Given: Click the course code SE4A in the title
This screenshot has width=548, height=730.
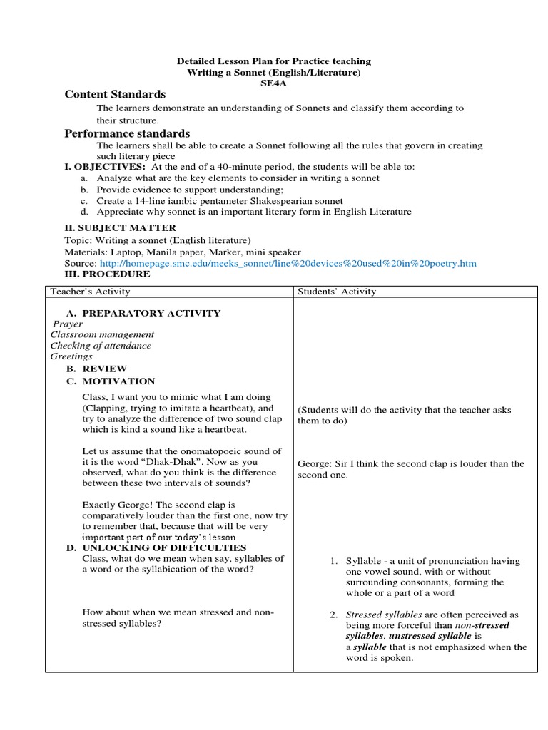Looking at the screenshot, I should click(x=274, y=83).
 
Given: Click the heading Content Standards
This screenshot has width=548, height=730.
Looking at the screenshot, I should click(x=115, y=95).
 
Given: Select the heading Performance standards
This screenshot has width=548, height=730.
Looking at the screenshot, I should click(x=127, y=133).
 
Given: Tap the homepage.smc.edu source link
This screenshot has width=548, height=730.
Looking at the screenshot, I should click(x=286, y=263).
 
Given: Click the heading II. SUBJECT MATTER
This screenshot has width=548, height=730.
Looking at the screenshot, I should click(x=120, y=227).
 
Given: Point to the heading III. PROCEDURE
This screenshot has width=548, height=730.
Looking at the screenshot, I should click(x=107, y=274).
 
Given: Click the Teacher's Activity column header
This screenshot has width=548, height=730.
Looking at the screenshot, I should click(x=90, y=291).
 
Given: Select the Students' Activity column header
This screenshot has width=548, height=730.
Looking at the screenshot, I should click(x=337, y=291).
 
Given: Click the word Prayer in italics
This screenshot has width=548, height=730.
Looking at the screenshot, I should click(x=68, y=324).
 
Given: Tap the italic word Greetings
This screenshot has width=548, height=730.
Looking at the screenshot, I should click(x=71, y=356).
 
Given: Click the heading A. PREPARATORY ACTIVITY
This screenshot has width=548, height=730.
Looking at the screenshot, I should click(x=143, y=313).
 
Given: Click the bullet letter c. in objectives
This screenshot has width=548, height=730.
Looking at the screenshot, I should click(x=84, y=201).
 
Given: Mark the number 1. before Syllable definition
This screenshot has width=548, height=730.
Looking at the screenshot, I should click(x=333, y=561).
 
